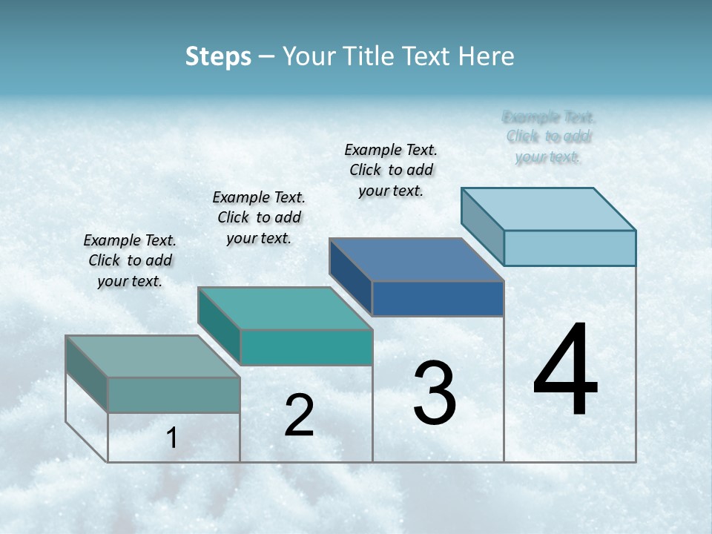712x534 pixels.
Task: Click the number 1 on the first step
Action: (172, 438)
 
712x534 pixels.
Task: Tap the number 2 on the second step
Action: (299, 415)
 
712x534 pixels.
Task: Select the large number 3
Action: (435, 394)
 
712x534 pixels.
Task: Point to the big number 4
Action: (565, 370)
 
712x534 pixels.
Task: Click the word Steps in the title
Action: (218, 56)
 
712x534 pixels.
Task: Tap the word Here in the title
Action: (487, 56)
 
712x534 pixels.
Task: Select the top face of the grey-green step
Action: (153, 357)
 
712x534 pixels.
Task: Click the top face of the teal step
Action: (285, 309)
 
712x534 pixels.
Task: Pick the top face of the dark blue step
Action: (417, 260)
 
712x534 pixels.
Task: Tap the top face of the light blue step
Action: (549, 209)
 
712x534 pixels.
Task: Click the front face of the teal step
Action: (306, 347)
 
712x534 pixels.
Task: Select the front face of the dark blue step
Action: (438, 298)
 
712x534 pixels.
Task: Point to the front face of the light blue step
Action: (570, 248)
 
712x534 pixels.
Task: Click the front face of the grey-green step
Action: (174, 395)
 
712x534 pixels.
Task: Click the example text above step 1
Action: (130, 260)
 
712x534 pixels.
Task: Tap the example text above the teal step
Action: (259, 217)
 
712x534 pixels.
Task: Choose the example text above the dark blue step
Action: (391, 170)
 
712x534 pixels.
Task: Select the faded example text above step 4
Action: (549, 136)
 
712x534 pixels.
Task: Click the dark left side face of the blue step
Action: (350, 276)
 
